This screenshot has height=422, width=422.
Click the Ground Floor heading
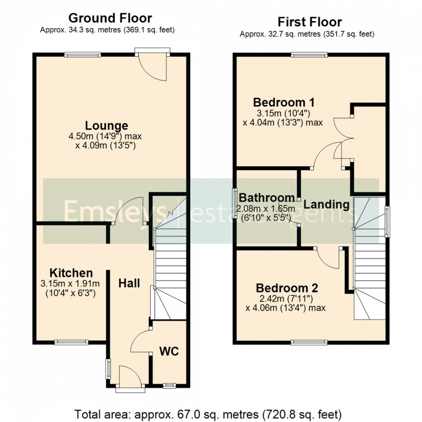tap(110, 18)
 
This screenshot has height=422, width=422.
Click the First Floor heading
tap(309, 22)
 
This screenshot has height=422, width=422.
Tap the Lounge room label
tap(106, 125)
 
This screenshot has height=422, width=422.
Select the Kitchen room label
tap(71, 273)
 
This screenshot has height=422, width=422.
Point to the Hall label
tap(129, 283)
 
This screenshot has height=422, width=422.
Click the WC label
tap(169, 351)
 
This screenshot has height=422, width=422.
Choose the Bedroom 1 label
tap(284, 102)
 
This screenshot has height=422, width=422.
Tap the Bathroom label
tap(267, 197)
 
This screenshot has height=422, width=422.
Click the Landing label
tap(326, 204)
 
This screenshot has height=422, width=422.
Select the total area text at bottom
tap(208, 414)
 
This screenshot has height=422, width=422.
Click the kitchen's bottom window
tap(72, 342)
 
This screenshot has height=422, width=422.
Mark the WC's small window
tap(169, 386)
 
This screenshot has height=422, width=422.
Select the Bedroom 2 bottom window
tap(309, 342)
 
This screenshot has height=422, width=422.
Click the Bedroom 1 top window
tap(309, 54)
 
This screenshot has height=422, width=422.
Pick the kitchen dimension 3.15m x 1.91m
tap(70, 284)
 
